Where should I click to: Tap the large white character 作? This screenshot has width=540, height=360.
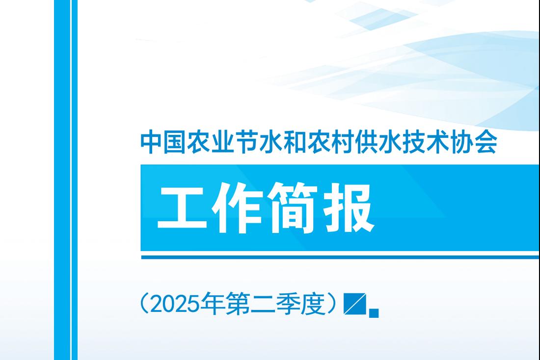238,208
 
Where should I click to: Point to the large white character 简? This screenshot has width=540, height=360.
294,208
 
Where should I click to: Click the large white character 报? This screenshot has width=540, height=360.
349,208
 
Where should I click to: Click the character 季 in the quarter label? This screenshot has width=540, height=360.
288,304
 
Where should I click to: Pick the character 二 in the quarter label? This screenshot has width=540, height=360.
263,304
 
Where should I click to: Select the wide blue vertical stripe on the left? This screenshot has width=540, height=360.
62,180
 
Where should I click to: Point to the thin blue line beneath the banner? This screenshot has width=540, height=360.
340,257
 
